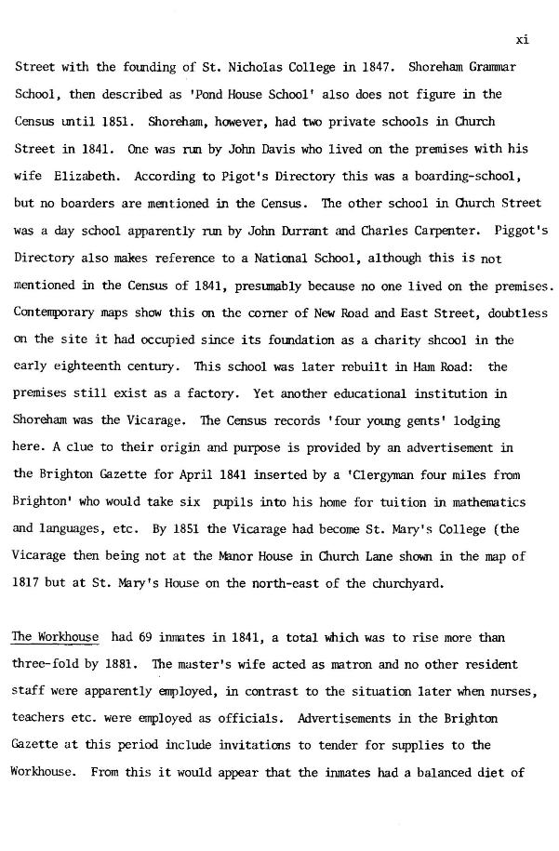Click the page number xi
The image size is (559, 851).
[522, 40]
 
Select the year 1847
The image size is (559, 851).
[364, 68]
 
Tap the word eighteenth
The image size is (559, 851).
[92, 367]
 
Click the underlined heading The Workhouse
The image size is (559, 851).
[55, 637]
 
